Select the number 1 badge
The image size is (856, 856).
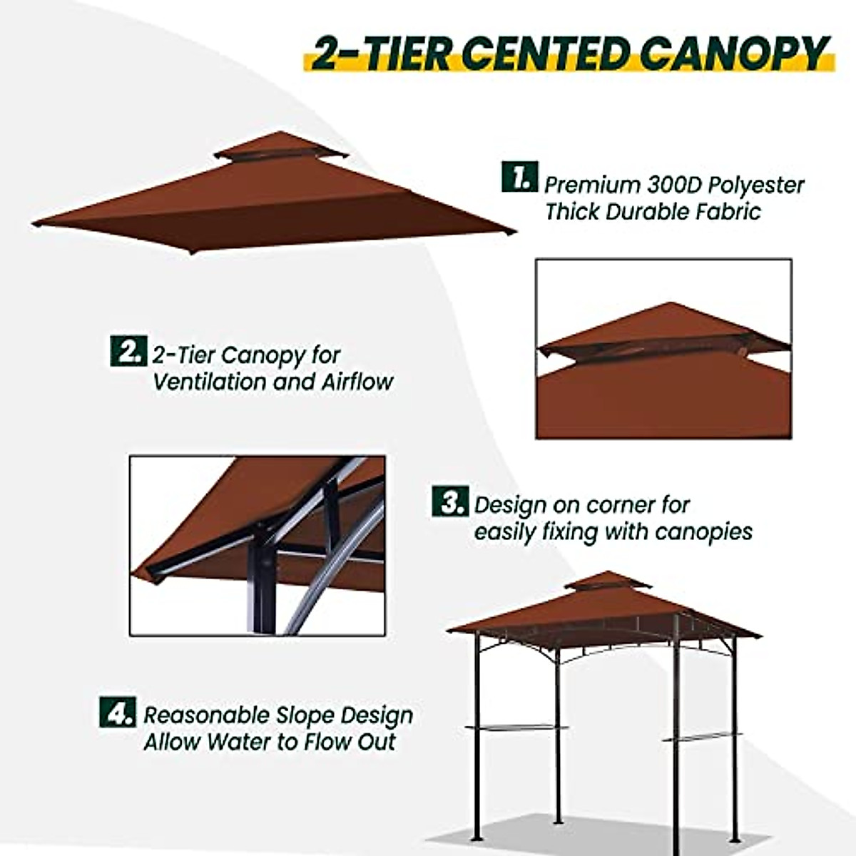click(519, 177)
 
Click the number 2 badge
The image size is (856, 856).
click(128, 351)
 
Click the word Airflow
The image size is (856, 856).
click(357, 382)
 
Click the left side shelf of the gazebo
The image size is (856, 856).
click(516, 728)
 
